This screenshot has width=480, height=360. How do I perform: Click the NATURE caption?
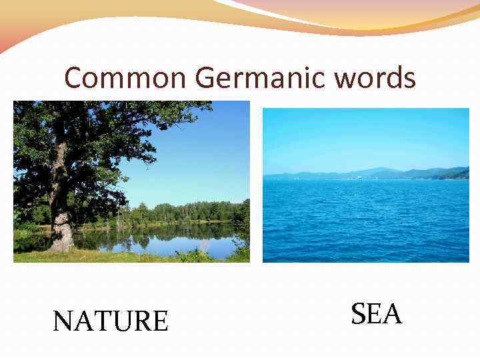point(111,321)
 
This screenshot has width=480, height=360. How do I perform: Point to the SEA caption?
point(377,314)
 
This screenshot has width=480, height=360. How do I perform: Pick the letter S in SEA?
point(359,314)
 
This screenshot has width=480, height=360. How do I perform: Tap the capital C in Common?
point(73,79)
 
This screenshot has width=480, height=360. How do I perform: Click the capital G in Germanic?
point(205,79)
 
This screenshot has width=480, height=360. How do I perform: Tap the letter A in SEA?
point(392,314)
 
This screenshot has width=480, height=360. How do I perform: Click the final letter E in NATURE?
point(159,321)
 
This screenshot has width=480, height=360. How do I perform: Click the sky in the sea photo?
point(367,137)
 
